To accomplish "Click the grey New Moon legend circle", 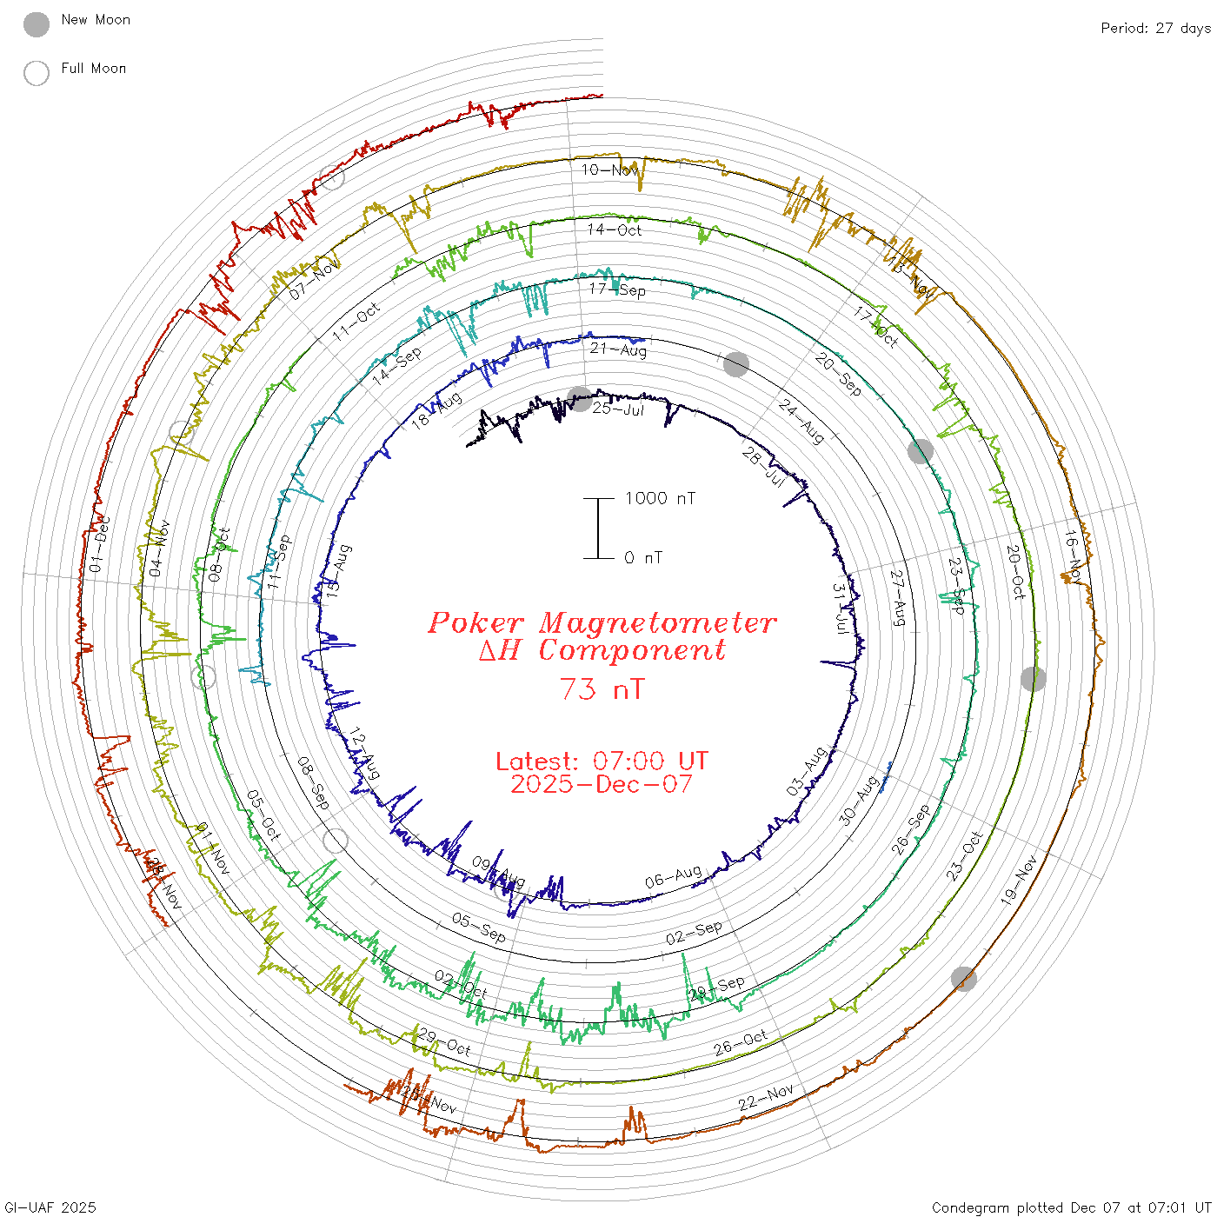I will tap(37, 24).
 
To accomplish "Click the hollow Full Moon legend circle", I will tap(37, 73).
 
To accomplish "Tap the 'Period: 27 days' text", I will tap(1155, 28).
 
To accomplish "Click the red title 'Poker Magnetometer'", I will tap(602, 622).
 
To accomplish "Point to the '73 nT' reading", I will tap(602, 689).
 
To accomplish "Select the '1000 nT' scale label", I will tap(660, 498).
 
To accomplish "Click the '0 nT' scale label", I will tap(643, 557).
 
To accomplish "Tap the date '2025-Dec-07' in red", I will tap(602, 785).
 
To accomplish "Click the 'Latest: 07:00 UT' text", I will tap(602, 761).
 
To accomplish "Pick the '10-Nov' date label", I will tap(609, 170).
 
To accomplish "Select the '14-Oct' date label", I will tap(615, 230).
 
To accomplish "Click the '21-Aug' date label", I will tap(618, 349).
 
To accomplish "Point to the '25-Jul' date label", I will tap(618, 409).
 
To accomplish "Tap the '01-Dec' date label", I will tap(100, 545).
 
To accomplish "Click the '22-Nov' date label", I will tap(766, 1097).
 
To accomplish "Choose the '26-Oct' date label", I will tap(741, 1042).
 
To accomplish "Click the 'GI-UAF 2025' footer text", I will tap(50, 1207).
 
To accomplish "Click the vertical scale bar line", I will tap(598, 529).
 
